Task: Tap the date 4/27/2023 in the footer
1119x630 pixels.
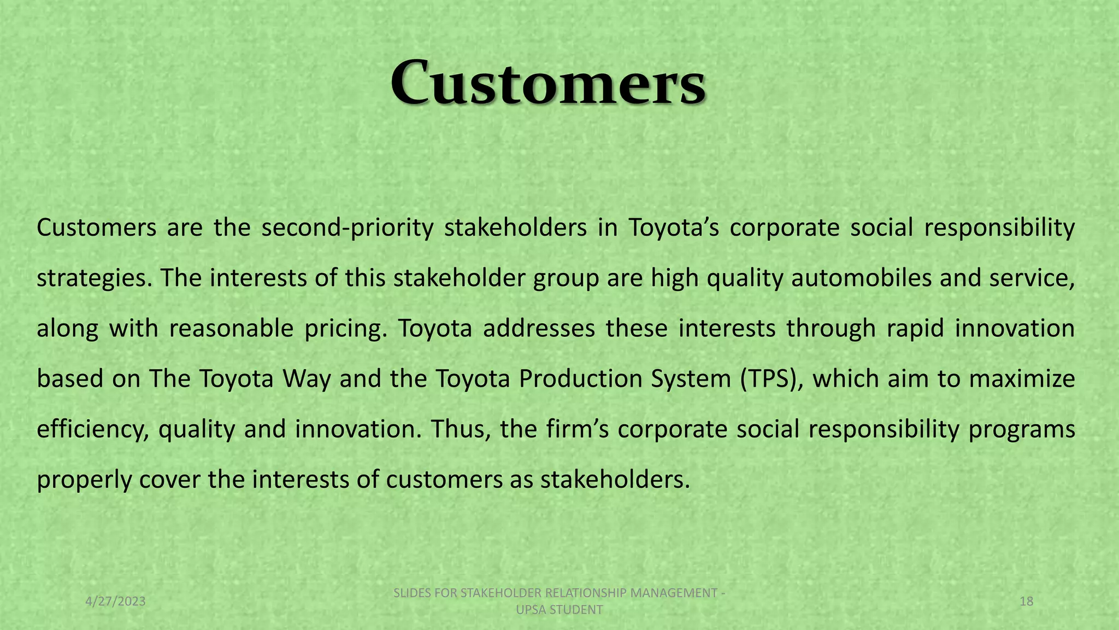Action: click(116, 602)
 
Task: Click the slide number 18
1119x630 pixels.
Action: click(1027, 602)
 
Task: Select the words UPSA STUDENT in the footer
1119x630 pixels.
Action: click(559, 610)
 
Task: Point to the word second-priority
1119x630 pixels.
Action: click(348, 227)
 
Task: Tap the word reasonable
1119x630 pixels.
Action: click(232, 328)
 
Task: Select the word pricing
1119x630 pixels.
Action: click(345, 328)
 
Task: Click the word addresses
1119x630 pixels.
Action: click(539, 328)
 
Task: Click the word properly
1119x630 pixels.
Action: click(84, 480)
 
